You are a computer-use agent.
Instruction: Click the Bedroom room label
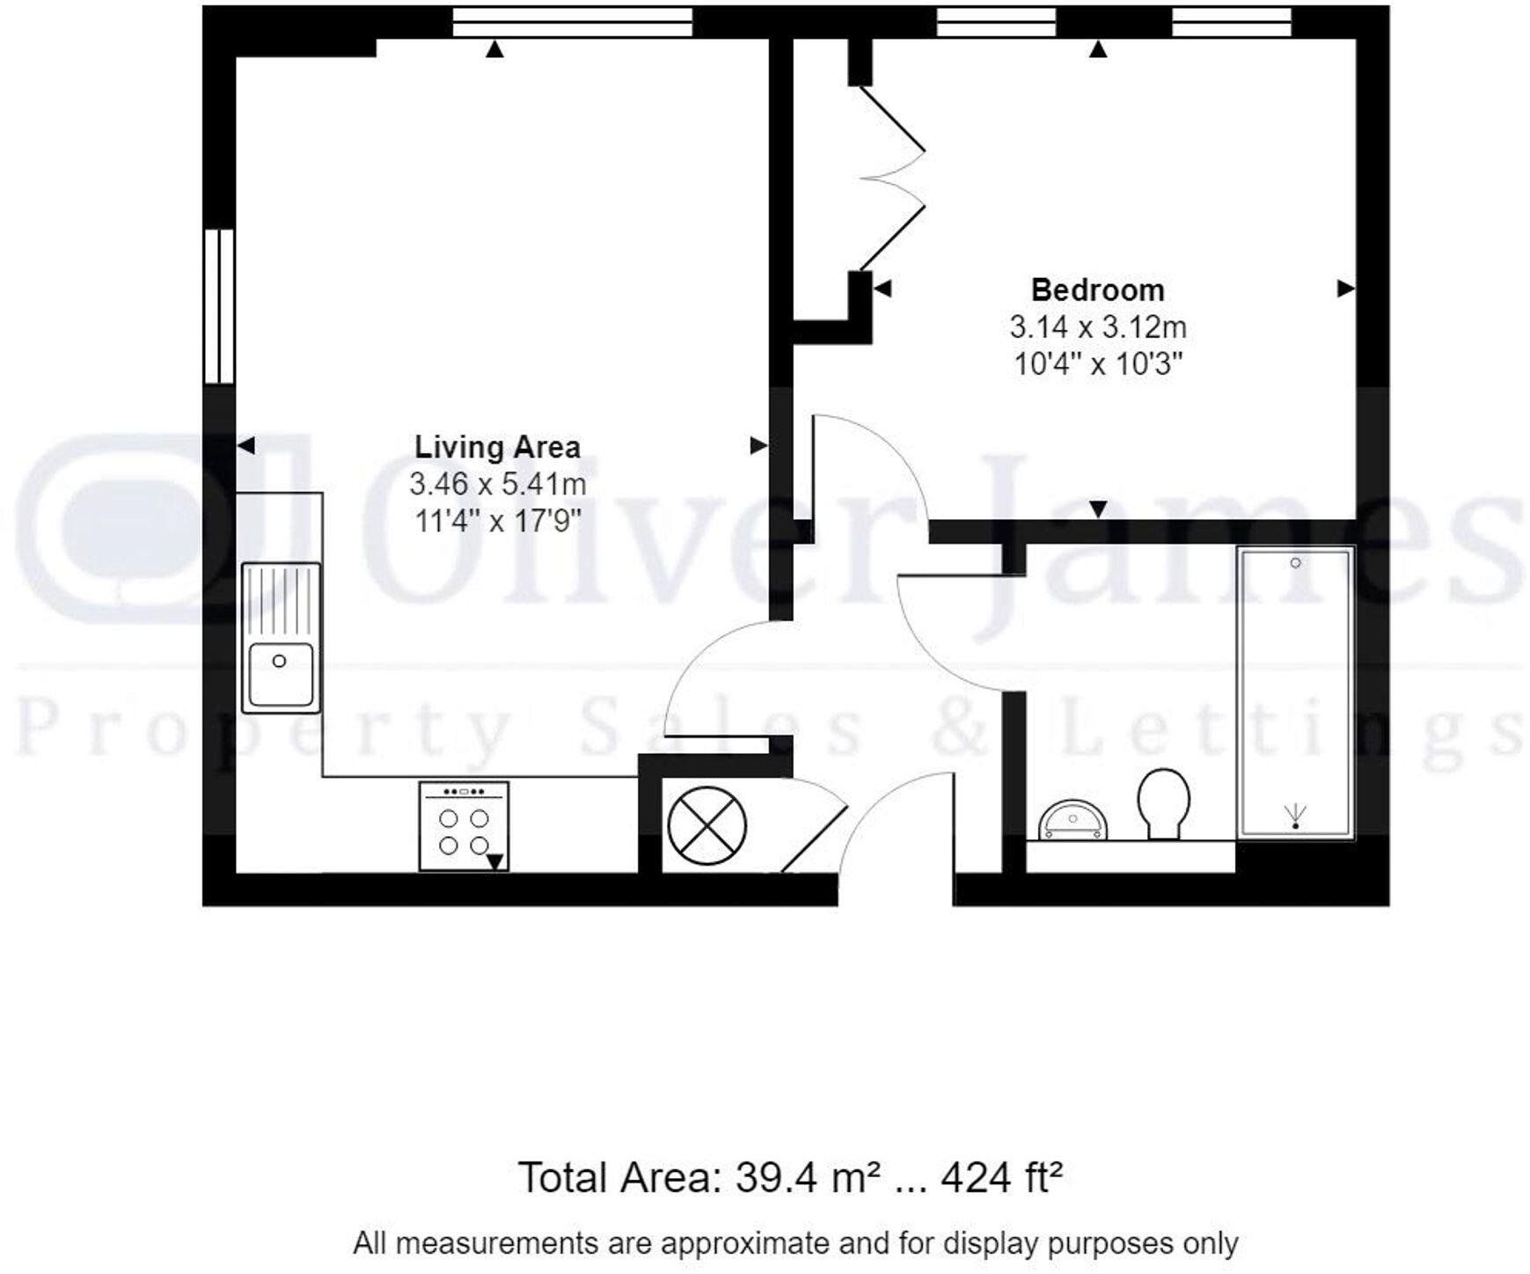[1097, 289]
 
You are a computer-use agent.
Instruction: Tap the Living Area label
[497, 447]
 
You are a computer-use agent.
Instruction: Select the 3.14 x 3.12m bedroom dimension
[1097, 327]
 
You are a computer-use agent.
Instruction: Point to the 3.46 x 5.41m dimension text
[497, 484]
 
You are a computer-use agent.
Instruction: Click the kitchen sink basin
[281, 674]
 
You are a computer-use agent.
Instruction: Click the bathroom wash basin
[1073, 821]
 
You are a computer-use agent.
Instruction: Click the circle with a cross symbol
[706, 825]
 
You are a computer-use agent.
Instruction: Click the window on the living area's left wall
[219, 306]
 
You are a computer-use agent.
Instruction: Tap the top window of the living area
[572, 22]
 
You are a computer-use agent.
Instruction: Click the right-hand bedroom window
[1231, 22]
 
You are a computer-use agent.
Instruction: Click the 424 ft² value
[1001, 1177]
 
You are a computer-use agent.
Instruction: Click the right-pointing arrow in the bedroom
[1344, 289]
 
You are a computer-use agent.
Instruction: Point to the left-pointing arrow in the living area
[246, 446]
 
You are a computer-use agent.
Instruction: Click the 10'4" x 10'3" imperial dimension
[1097, 363]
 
